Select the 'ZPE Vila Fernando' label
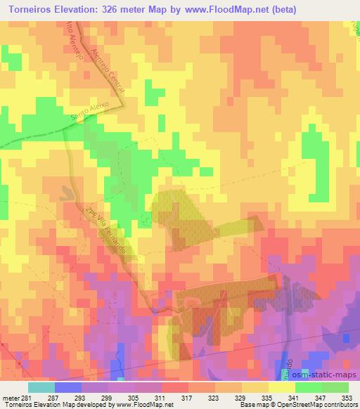[105, 232]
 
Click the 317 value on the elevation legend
[186, 398]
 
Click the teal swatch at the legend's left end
[41, 387]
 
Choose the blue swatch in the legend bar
[67, 387]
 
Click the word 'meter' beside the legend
[11, 398]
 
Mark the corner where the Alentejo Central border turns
[124, 105]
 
